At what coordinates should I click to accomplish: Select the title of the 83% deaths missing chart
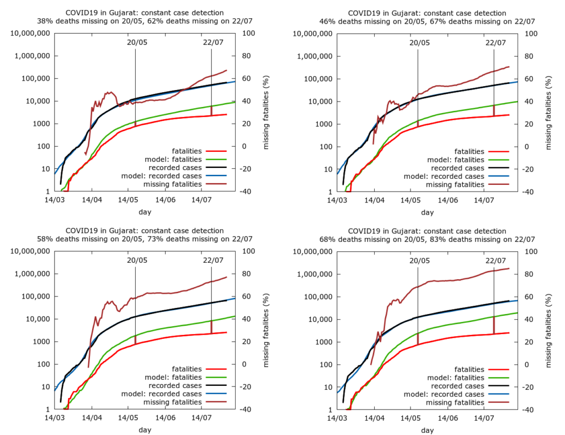[x=427, y=235]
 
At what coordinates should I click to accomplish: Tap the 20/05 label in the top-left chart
[x=137, y=42]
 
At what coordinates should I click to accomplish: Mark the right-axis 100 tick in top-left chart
[x=244, y=33]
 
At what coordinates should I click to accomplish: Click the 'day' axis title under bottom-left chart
[x=145, y=429]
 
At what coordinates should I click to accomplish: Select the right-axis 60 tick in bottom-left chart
[x=243, y=297]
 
